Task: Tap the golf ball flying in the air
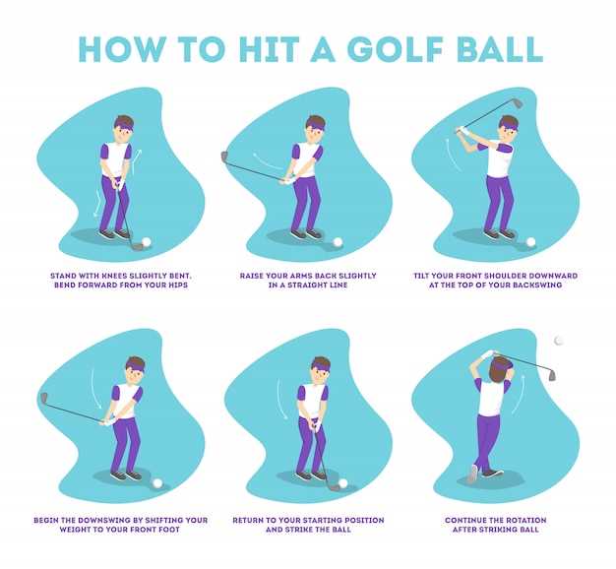click(x=559, y=341)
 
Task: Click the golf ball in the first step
click(x=147, y=241)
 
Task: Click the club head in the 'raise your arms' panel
click(x=225, y=157)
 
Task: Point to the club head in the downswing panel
click(x=43, y=398)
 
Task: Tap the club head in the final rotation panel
click(x=551, y=376)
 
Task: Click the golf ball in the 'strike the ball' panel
click(x=342, y=483)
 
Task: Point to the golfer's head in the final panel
click(x=500, y=365)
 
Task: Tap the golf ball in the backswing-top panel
click(x=531, y=241)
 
